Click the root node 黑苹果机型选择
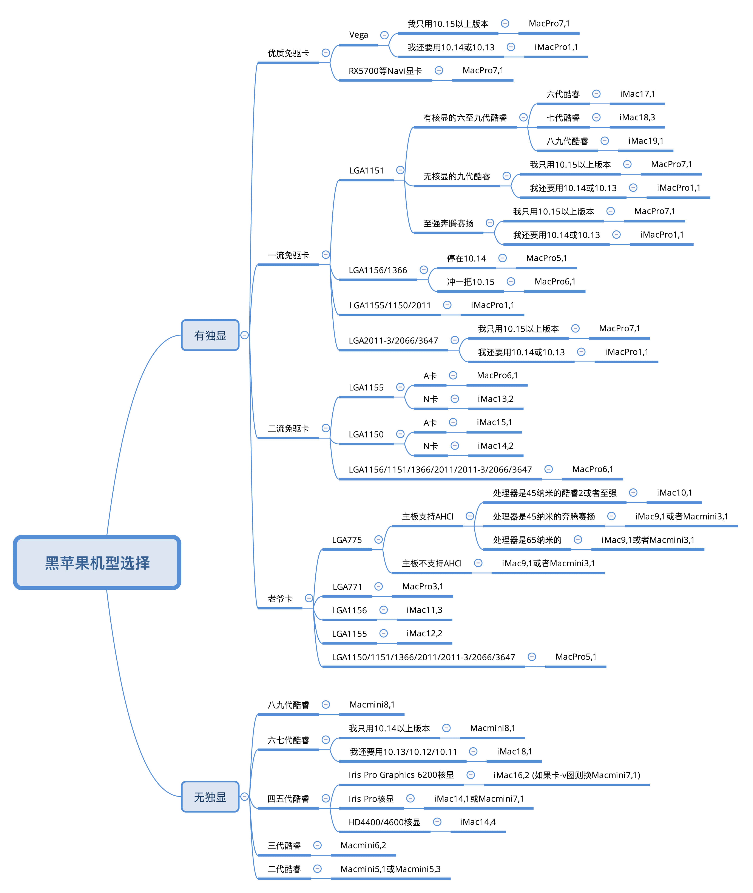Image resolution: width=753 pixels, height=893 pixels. point(97,563)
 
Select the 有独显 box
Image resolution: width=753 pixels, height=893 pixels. point(210,335)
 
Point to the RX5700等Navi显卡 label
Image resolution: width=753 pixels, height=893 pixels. point(385,71)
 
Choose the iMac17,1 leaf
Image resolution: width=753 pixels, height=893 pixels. point(637,94)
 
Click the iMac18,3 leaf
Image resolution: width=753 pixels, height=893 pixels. point(637,117)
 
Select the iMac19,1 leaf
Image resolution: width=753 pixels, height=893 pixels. point(646,141)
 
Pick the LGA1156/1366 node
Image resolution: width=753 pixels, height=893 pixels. point(378,270)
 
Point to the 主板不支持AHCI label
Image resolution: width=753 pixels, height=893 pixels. point(432,564)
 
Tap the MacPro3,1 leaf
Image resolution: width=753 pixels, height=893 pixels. point(423,587)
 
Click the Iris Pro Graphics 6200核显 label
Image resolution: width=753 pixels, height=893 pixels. point(401,775)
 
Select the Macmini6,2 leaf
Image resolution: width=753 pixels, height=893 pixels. point(363,845)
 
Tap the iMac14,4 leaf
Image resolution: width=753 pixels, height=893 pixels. point(478,822)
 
